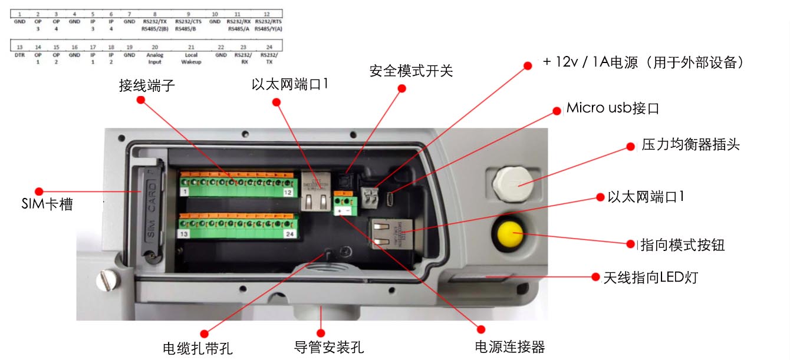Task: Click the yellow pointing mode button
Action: (x=510, y=233)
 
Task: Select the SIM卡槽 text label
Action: (x=47, y=205)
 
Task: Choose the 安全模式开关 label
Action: (x=411, y=71)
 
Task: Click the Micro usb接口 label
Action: (x=612, y=108)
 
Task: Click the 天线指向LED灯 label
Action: (x=650, y=276)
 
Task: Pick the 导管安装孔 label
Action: (x=329, y=347)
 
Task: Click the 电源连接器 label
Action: (x=510, y=347)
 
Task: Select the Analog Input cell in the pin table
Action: (x=154, y=58)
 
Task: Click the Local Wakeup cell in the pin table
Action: (x=191, y=58)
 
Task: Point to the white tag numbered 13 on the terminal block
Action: (x=185, y=234)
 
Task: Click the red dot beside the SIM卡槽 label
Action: (x=39, y=191)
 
